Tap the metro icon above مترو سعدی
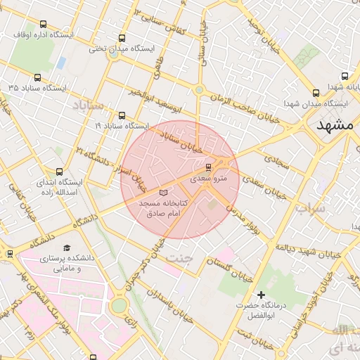click(x=208, y=167)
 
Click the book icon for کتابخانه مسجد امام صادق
click(x=164, y=191)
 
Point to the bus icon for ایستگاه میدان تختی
click(x=122, y=39)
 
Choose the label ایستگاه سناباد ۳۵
click(x=37, y=88)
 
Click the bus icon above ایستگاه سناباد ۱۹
click(x=122, y=115)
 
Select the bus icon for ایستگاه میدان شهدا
click(x=315, y=92)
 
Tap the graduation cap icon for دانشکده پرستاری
click(x=67, y=247)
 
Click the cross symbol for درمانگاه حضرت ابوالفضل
click(x=262, y=294)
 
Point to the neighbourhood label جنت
click(x=179, y=258)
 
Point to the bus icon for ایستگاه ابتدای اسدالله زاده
click(x=59, y=172)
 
